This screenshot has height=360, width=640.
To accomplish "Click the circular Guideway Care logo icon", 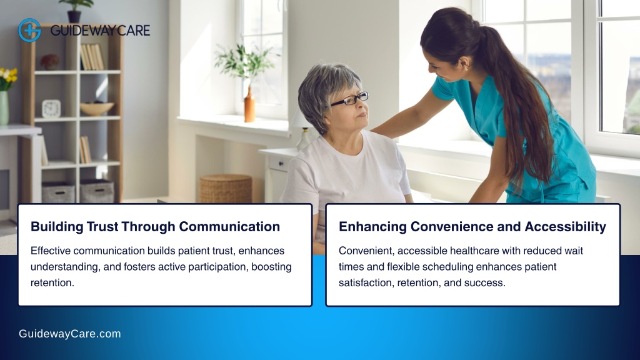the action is [x=29, y=30].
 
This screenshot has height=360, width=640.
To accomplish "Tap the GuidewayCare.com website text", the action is [x=70, y=334].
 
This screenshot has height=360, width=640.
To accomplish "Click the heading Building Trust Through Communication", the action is [x=155, y=226].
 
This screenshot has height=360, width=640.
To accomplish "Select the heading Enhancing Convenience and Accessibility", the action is [x=472, y=226].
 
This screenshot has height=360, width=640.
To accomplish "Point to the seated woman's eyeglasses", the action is [x=349, y=99].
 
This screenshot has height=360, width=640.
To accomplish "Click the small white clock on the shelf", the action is [x=51, y=109].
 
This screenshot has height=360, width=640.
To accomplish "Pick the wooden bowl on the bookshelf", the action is [x=97, y=108].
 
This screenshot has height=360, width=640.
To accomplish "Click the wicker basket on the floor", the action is [x=226, y=189].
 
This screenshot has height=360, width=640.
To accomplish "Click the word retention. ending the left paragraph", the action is [x=52, y=283].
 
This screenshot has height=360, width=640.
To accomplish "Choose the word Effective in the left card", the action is [x=50, y=251].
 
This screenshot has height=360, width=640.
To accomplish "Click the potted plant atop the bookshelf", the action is [x=76, y=11].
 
